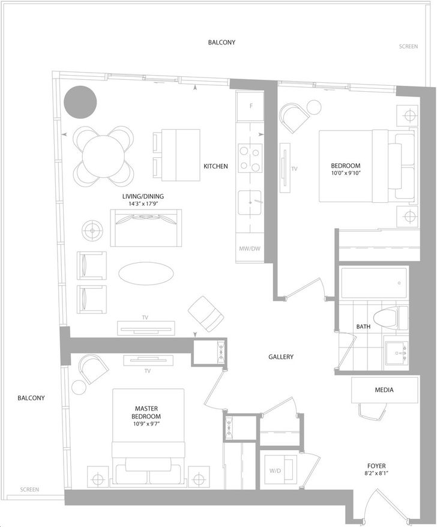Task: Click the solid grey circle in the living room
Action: (x=80, y=102)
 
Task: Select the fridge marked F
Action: (x=250, y=106)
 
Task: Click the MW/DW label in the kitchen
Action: (x=250, y=249)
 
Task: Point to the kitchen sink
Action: (x=250, y=203)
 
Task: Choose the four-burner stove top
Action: (x=250, y=158)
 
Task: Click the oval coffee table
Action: (x=146, y=273)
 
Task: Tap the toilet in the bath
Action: (x=391, y=318)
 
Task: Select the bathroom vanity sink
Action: (x=397, y=354)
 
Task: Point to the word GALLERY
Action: (x=281, y=357)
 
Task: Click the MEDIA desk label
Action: (x=384, y=390)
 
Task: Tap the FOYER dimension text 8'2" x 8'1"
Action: (x=376, y=473)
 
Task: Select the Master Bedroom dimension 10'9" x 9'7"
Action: (x=146, y=424)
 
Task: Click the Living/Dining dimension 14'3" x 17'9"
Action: (x=143, y=203)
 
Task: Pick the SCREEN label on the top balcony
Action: (x=408, y=46)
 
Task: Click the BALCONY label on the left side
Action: (x=31, y=398)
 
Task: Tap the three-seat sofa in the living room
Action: (x=146, y=228)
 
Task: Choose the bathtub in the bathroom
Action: (x=374, y=282)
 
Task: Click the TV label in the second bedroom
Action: (x=295, y=169)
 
